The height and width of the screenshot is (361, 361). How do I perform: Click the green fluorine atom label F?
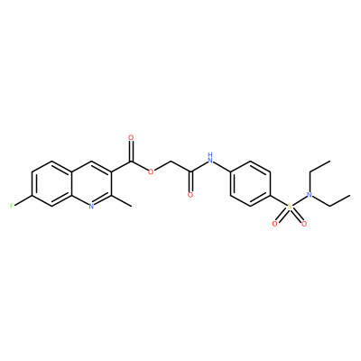pyautogui.click(x=12, y=206)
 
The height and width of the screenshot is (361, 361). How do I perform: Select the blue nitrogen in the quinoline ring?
pyautogui.click(x=92, y=206)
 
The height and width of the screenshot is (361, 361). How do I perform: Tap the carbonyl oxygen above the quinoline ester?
pyautogui.click(x=131, y=138)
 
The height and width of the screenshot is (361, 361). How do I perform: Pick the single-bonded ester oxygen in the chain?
pyautogui.click(x=151, y=172)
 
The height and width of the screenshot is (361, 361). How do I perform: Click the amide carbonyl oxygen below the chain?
pyautogui.click(x=190, y=195)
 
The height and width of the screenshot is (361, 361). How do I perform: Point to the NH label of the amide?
pyautogui.click(x=210, y=158)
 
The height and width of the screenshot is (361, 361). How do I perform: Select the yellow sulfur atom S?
pyautogui.click(x=290, y=207)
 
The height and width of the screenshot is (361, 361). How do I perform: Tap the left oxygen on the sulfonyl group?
pyautogui.click(x=274, y=224)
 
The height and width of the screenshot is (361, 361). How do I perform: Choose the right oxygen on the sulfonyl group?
pyautogui.click(x=304, y=224)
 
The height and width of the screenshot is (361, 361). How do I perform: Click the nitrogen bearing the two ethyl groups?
pyautogui.click(x=309, y=195)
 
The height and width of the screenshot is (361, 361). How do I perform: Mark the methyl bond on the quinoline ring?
pyautogui.click(x=122, y=200)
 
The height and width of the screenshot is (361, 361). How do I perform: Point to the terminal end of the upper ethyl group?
pyautogui.click(x=330, y=161)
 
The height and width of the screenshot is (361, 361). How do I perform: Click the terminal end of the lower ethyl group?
pyautogui.click(x=349, y=195)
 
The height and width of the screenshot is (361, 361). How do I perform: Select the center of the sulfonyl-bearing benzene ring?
pyautogui.click(x=250, y=183)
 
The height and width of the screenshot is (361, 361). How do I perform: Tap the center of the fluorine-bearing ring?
pyautogui.click(x=51, y=183)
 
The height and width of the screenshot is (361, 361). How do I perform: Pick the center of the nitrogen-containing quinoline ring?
pyautogui.click(x=91, y=183)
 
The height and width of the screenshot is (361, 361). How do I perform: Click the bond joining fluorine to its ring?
pyautogui.click(x=23, y=200)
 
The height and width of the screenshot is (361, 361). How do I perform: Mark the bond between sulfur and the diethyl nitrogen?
pyautogui.click(x=299, y=200)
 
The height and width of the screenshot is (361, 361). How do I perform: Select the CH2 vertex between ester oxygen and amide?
pyautogui.click(x=171, y=161)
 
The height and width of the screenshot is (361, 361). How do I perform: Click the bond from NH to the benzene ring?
pyautogui.click(x=222, y=166)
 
